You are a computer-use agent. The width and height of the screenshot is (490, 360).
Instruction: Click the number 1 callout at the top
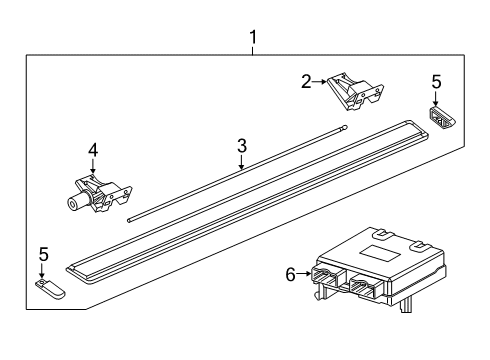click(x=253, y=39)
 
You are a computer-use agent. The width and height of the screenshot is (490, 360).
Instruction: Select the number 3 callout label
click(x=241, y=146)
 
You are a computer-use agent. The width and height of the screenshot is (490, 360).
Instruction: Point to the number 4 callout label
click(x=92, y=150)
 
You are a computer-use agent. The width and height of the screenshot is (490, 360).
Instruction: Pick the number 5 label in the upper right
click(x=435, y=80)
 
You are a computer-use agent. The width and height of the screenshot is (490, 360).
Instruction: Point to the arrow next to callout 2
click(x=323, y=83)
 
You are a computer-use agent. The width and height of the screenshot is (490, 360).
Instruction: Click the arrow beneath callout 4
click(x=92, y=167)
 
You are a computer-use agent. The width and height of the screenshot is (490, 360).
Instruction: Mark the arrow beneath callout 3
click(x=241, y=163)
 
